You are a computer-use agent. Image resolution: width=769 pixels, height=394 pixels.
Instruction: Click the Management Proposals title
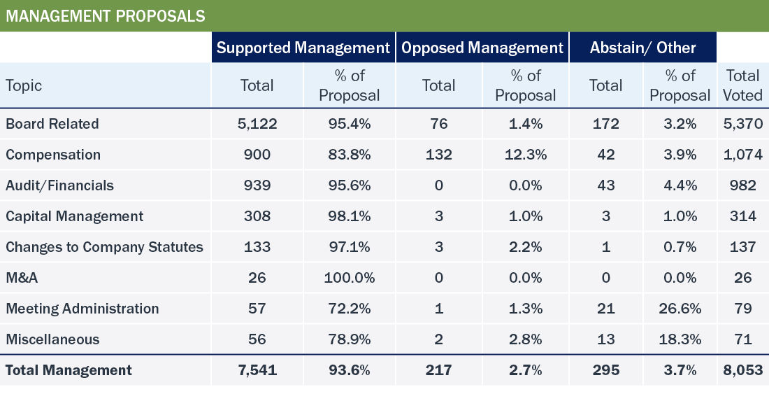pos(106,16)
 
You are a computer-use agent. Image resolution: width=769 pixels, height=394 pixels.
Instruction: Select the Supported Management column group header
pos(303,48)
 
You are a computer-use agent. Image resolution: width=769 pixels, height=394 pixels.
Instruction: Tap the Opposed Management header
pos(482,48)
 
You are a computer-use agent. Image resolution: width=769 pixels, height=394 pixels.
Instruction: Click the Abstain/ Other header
pos(642,48)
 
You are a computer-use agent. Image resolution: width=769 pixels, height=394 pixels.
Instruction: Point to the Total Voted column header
pos(743,85)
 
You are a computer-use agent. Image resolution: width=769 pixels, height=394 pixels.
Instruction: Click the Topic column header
pos(24,85)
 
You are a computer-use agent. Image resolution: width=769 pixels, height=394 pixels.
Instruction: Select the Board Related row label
pos(52,124)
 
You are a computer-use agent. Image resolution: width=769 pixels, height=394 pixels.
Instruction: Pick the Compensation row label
pos(53,155)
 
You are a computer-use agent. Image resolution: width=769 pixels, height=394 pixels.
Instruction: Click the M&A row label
pos(22,278)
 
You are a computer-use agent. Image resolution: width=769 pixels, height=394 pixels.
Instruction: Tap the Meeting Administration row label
pos(82,309)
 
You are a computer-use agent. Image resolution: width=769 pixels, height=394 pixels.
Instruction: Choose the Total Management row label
pos(69,370)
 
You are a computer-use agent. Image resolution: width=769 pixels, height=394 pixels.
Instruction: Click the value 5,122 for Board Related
pos(257,124)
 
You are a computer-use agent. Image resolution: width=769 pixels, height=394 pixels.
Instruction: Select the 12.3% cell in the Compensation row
pos(526,155)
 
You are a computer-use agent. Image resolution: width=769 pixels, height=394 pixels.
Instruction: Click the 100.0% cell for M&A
pos(350,278)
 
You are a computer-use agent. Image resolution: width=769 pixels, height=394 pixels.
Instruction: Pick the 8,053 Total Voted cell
pos(743,370)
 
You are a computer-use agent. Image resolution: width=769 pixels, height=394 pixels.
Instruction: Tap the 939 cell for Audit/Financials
pos(257,185)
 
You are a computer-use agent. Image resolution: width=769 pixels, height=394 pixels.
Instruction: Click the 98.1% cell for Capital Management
pos(350,216)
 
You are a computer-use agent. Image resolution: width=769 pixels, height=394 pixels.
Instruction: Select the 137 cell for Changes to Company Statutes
pos(743,247)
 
